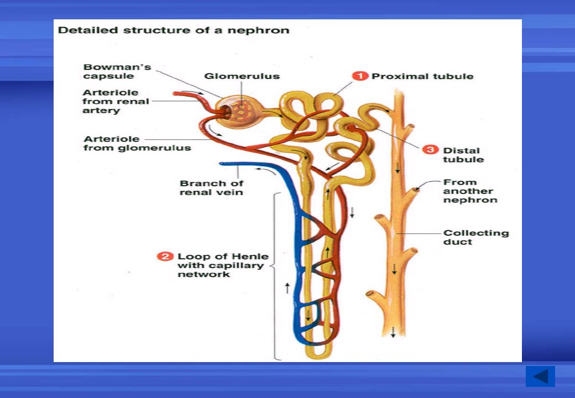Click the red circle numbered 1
click(360, 76)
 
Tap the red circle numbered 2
click(165, 256)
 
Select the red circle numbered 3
click(430, 149)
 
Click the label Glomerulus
click(242, 76)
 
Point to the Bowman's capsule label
click(117, 71)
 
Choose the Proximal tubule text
click(422, 76)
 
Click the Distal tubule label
click(463, 155)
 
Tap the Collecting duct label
click(476, 237)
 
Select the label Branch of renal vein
click(211, 187)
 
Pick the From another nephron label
click(470, 191)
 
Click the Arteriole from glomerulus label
click(137, 143)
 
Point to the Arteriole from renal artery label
click(116, 102)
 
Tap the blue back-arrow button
click(540, 376)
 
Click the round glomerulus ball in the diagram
click(240, 112)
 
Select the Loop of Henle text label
click(223, 265)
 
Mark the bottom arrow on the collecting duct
click(393, 332)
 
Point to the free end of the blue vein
click(221, 164)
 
